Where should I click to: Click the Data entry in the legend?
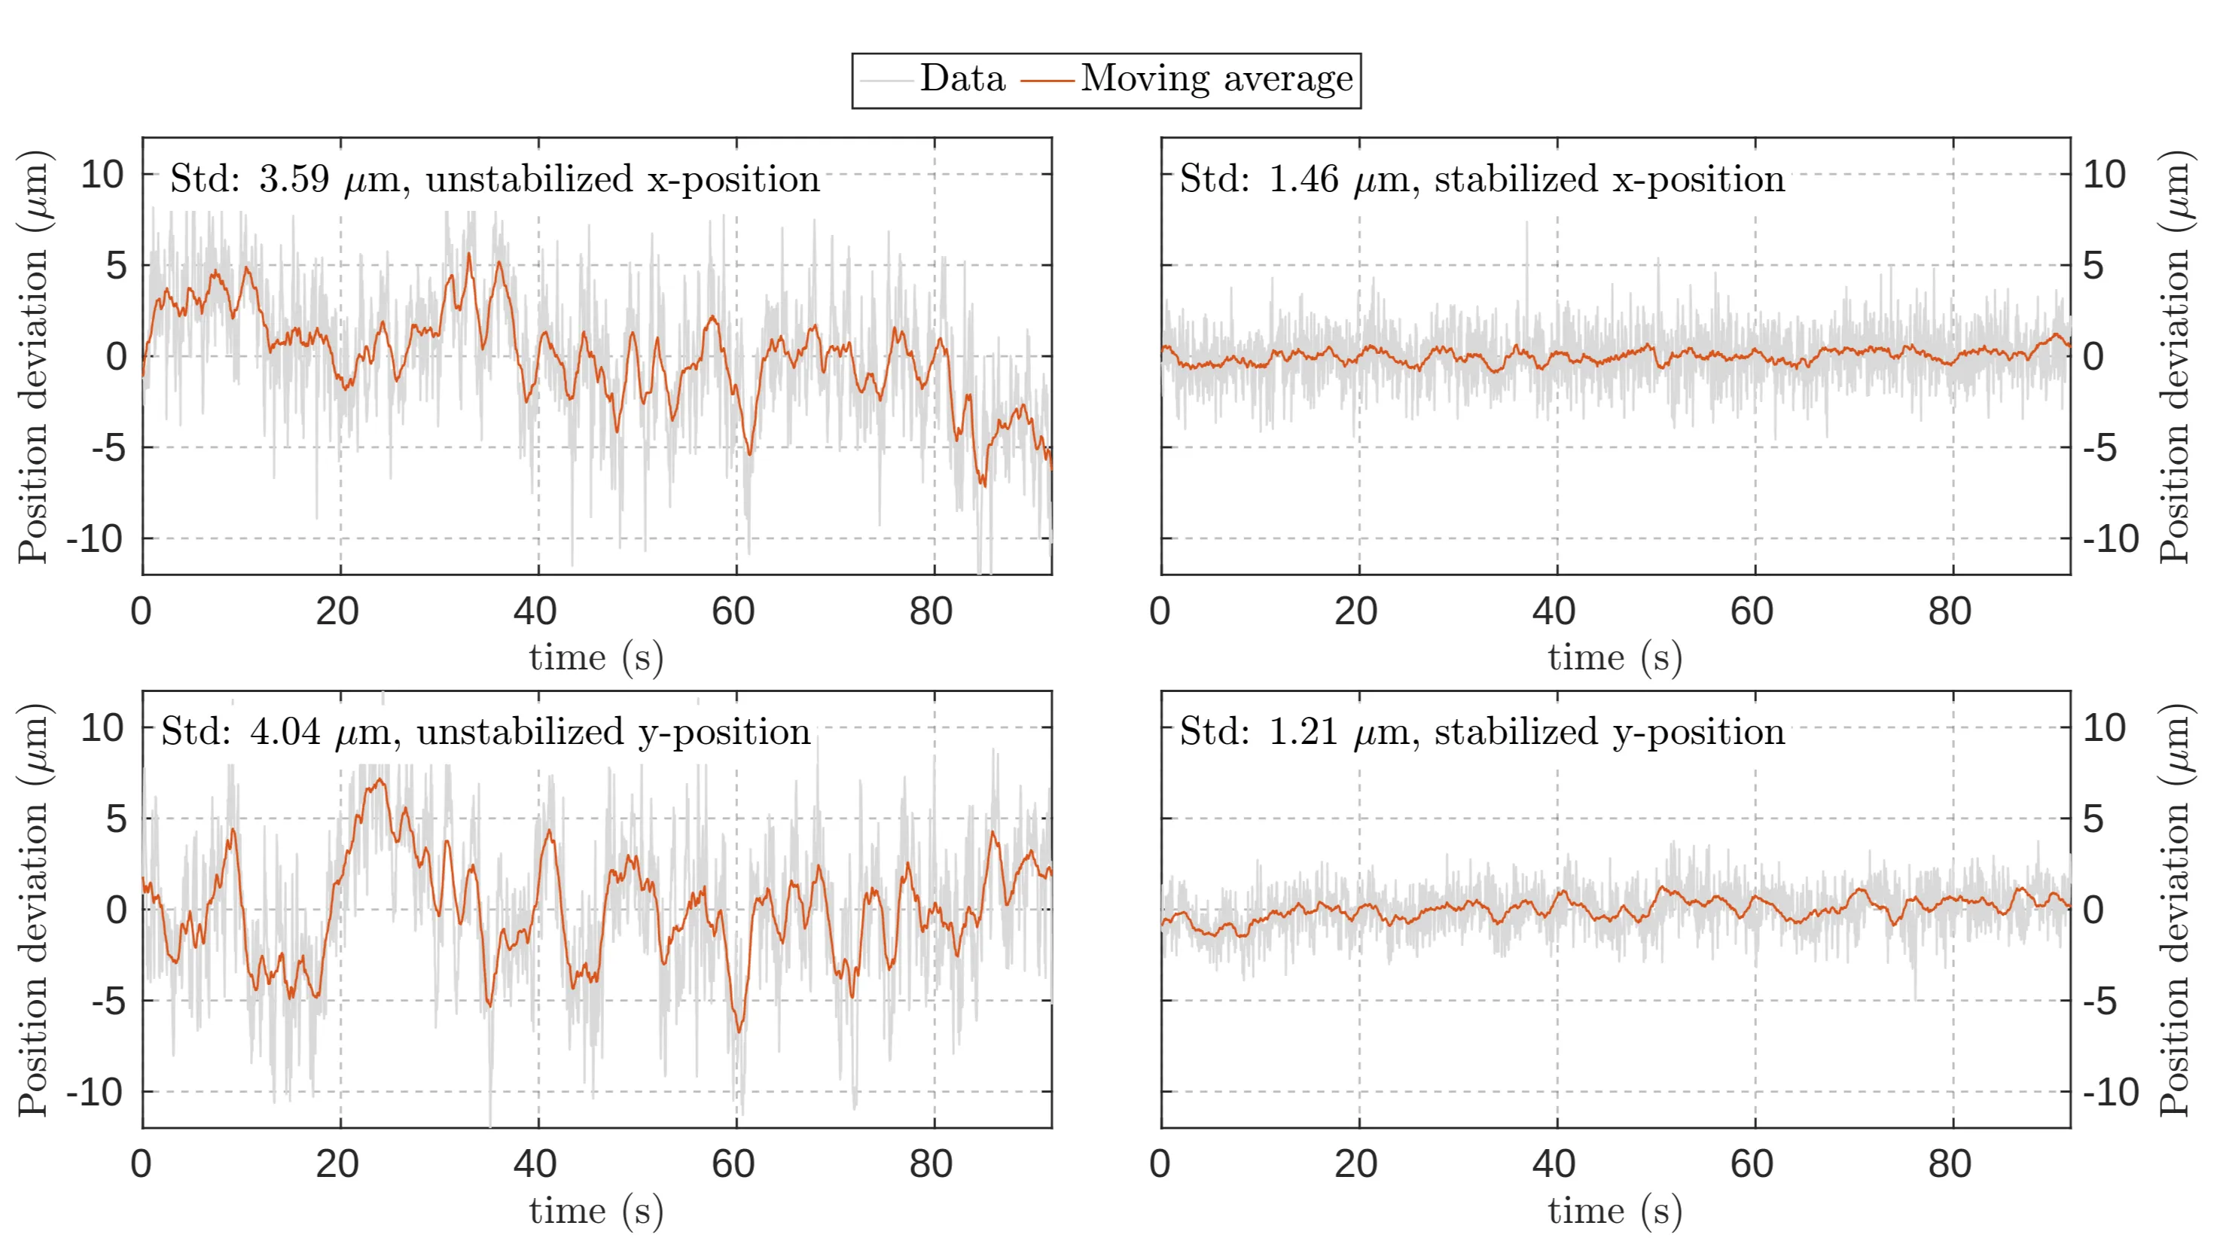click(x=962, y=79)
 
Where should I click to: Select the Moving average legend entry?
click(x=1216, y=79)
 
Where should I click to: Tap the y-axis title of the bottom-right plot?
click(x=2174, y=909)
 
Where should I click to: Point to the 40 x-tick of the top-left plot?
click(x=535, y=611)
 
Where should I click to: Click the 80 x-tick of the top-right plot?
click(x=1950, y=611)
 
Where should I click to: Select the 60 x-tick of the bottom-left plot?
click(x=733, y=1164)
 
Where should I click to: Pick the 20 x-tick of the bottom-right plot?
click(x=1356, y=1164)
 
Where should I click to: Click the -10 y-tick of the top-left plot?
click(x=95, y=539)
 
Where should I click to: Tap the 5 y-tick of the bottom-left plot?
click(x=116, y=819)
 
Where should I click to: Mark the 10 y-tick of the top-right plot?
click(x=2104, y=175)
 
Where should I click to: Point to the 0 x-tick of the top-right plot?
click(x=1160, y=611)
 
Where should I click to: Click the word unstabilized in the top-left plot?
click(x=529, y=179)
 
